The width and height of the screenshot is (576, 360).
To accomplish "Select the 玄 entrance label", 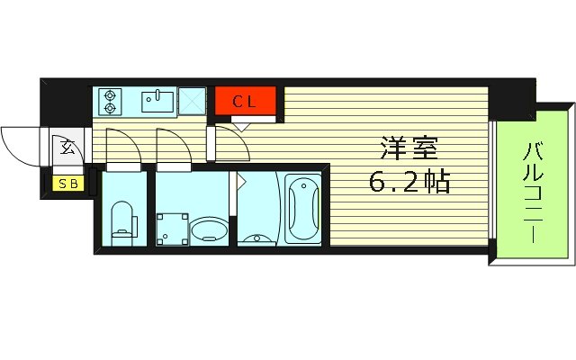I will click(x=68, y=146).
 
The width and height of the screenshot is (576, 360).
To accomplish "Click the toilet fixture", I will click(x=122, y=220).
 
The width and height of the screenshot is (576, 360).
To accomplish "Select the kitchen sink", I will click(x=159, y=100).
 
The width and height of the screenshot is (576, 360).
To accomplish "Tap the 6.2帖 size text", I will click(x=408, y=183).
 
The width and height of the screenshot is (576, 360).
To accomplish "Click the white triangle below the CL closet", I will click(x=238, y=125).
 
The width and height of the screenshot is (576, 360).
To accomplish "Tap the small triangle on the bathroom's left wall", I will click(x=241, y=180).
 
